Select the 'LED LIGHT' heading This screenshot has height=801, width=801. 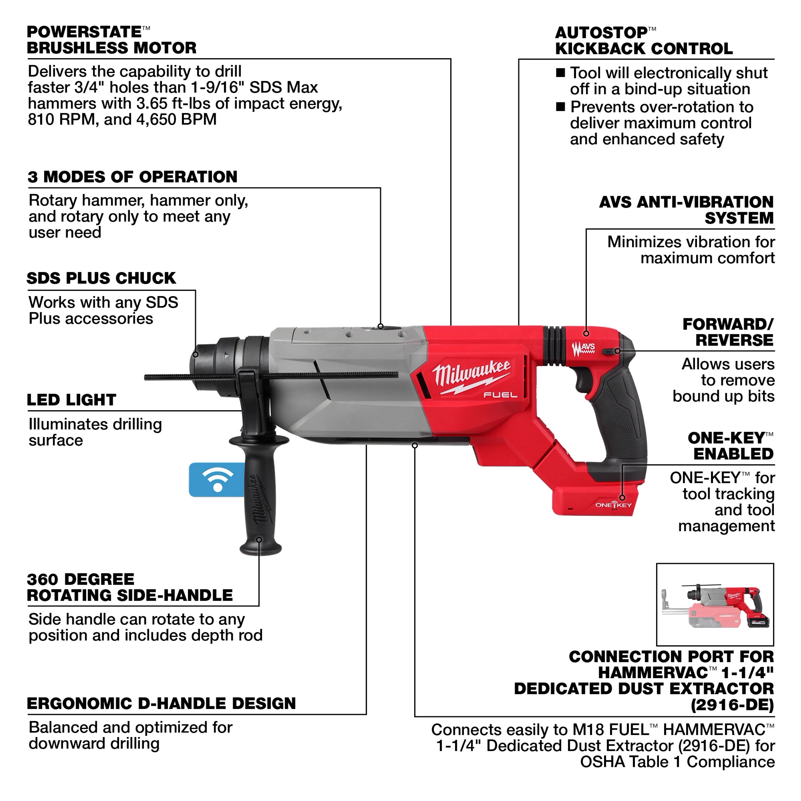point(71,400)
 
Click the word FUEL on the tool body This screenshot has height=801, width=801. point(500,395)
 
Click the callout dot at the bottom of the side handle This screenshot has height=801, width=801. point(259,539)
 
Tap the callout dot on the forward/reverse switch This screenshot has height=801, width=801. point(617,351)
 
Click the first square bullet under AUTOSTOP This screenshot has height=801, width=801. point(560,73)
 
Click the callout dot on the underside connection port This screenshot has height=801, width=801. point(415,445)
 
